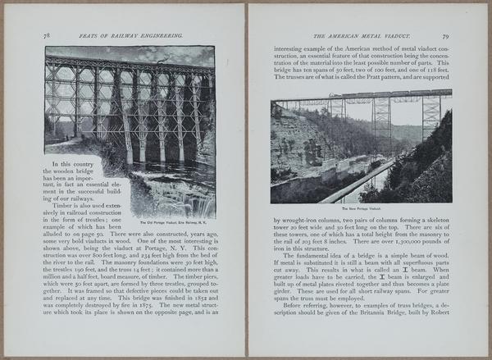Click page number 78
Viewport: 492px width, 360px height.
(x=48, y=36)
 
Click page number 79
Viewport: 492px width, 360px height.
(x=445, y=36)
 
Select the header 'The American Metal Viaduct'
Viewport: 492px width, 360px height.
(x=353, y=37)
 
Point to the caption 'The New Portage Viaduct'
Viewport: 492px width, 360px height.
(x=361, y=208)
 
